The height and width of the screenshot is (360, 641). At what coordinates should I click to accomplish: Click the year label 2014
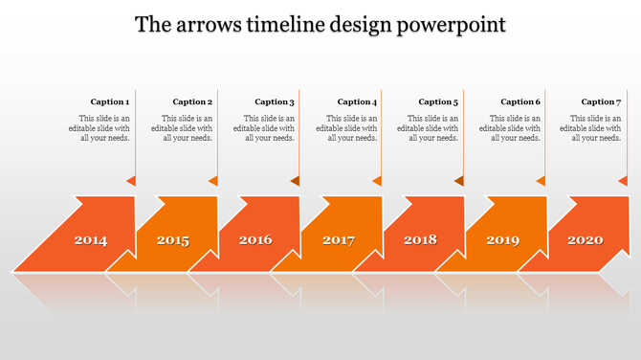click(x=91, y=240)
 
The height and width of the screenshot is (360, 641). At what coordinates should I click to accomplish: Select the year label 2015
click(x=173, y=240)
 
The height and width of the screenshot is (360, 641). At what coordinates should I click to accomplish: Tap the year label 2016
click(x=255, y=240)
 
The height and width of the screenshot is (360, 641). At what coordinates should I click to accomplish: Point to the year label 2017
click(x=339, y=240)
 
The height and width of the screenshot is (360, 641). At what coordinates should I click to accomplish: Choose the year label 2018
click(x=420, y=240)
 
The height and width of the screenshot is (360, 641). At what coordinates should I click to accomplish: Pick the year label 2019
click(x=502, y=240)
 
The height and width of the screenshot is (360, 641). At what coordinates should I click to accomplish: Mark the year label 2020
click(x=585, y=240)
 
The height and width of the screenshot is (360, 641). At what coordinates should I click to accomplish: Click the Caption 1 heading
click(x=110, y=101)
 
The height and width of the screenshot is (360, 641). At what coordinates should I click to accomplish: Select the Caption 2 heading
click(x=192, y=101)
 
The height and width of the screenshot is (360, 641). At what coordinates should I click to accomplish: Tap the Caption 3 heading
click(x=275, y=101)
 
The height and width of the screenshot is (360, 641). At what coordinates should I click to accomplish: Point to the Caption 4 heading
click(x=357, y=101)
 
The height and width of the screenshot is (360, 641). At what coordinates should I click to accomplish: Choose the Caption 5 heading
click(x=438, y=101)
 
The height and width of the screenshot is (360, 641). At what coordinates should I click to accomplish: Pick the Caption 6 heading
click(x=520, y=101)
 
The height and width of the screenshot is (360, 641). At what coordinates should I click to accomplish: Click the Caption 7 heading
click(x=601, y=101)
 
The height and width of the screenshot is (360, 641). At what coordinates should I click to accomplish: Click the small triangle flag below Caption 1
click(x=131, y=180)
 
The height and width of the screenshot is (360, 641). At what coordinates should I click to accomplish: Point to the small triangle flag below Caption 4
click(x=377, y=180)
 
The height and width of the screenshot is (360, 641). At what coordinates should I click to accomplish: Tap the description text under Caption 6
click(x=510, y=128)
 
